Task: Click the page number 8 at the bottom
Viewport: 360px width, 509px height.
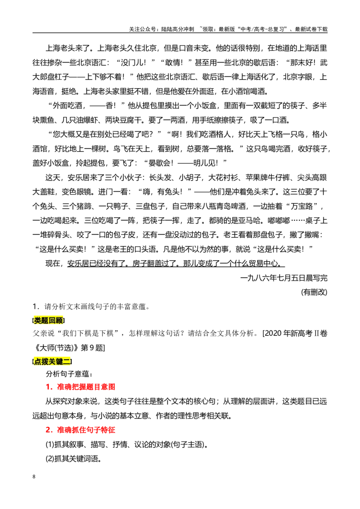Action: pyautogui.click(x=34, y=477)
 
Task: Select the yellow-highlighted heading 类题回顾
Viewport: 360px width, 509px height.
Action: pyautogui.click(x=49, y=321)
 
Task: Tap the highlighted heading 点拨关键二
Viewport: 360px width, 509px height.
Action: pyautogui.click(x=52, y=362)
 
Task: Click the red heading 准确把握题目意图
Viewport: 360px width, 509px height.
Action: pyautogui.click(x=86, y=387)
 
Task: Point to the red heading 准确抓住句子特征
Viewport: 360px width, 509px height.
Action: pyautogui.click(x=86, y=430)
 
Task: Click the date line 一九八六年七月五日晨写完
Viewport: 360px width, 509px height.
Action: pyautogui.click(x=283, y=278)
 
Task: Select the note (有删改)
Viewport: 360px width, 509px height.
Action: pyautogui.click(x=314, y=292)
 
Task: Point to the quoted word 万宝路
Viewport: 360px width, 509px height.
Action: pyautogui.click(x=301, y=206)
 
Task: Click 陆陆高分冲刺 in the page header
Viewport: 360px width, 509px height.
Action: pyautogui.click(x=177, y=29)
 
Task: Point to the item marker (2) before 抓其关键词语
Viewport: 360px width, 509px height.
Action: pyautogui.click(x=49, y=459)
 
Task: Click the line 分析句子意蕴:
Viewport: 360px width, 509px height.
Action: pyautogui.click(x=69, y=374)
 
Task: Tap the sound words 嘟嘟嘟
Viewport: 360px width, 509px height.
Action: pyautogui.click(x=279, y=220)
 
